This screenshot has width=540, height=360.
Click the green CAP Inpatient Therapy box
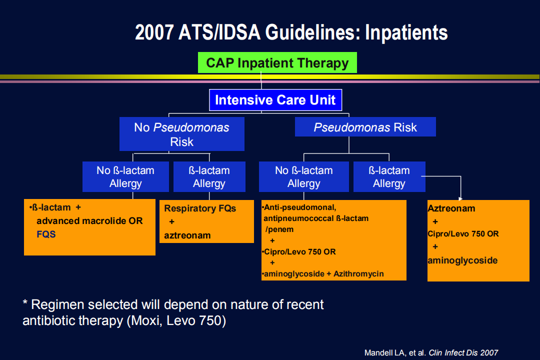click(x=277, y=62)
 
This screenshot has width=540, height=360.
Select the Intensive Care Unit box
click(x=275, y=100)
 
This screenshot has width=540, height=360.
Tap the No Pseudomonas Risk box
click(x=182, y=134)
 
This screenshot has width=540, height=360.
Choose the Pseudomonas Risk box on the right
click(x=365, y=127)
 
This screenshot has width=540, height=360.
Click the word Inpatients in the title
click(x=406, y=32)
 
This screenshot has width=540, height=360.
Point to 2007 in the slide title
click(x=154, y=32)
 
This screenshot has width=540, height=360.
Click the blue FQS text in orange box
click(x=46, y=234)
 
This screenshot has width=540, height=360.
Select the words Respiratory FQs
click(x=200, y=208)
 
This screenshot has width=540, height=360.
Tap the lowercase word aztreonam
click(x=187, y=235)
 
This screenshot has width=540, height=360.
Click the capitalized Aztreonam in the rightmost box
click(x=451, y=208)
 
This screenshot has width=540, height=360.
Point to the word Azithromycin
click(x=358, y=274)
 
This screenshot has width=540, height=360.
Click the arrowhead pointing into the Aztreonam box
click(x=460, y=198)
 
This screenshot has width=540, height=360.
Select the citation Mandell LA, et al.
click(x=395, y=353)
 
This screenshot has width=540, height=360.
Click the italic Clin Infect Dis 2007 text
click(x=463, y=353)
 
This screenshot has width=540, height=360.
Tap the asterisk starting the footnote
click(x=25, y=302)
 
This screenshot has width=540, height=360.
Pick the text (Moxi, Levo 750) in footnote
click(x=176, y=320)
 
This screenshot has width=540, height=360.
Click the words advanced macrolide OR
click(x=89, y=221)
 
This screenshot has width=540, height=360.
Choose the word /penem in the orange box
click(x=279, y=229)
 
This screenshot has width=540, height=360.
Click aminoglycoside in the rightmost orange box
click(x=462, y=260)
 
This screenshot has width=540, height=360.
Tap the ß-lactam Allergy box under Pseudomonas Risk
click(x=389, y=176)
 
